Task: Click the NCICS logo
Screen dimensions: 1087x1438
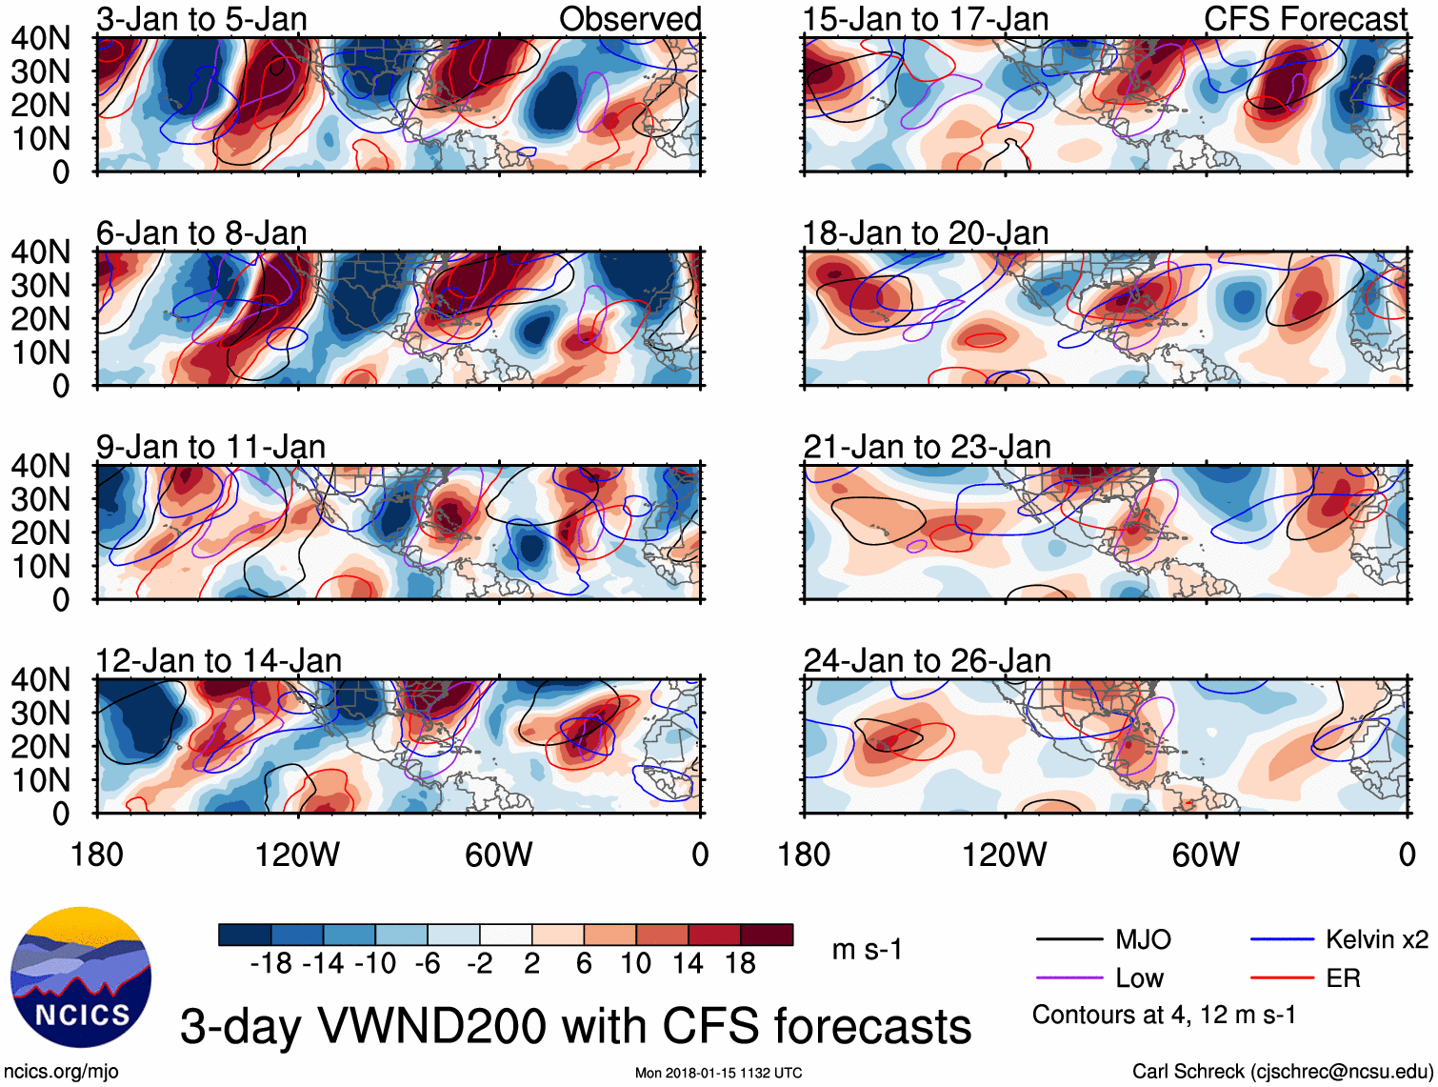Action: coord(81,977)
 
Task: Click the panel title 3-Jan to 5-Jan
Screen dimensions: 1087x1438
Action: coord(201,19)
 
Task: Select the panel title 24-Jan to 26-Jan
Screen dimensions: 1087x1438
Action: coord(927,660)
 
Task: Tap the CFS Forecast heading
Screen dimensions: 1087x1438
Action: coord(1305,19)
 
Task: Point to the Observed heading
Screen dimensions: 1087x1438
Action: coord(629,19)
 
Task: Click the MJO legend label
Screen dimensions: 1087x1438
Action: coord(1143,940)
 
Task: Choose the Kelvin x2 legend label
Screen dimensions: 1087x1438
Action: coord(1376,940)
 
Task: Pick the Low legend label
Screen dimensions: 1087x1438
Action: coord(1139,978)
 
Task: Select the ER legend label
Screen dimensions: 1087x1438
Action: coord(1343,978)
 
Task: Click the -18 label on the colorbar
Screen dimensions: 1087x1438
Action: coord(270,964)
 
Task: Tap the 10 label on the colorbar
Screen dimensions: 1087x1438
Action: coord(635,964)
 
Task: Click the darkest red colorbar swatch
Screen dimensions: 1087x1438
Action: coord(767,935)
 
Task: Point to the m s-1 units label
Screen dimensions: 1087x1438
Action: coord(867,950)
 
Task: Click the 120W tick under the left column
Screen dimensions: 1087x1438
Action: coord(297,855)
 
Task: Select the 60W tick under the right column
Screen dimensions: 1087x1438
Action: coord(1206,855)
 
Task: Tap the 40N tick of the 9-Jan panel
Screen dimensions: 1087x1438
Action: coord(40,466)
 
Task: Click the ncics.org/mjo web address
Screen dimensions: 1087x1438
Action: coord(61,1072)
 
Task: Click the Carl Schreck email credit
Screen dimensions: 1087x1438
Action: coord(1282,1072)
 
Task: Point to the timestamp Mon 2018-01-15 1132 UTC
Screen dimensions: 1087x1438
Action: coord(718,1074)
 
